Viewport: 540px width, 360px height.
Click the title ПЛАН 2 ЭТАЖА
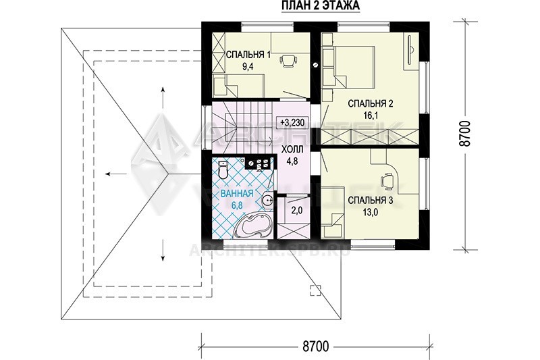(321, 6)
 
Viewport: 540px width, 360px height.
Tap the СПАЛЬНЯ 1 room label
(248, 55)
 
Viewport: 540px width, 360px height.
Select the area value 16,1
(370, 115)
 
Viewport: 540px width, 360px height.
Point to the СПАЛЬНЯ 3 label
(370, 201)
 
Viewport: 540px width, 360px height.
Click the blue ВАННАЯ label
(237, 194)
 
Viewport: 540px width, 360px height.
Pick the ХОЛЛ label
(292, 149)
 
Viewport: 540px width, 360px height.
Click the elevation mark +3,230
(292, 122)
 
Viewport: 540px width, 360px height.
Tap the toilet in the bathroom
(223, 170)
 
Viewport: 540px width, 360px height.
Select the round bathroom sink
(267, 200)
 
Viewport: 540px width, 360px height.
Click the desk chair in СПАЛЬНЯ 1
(288, 61)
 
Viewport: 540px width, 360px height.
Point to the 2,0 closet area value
(297, 211)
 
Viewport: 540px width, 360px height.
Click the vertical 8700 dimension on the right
(465, 134)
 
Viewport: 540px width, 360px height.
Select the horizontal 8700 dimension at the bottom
(315, 346)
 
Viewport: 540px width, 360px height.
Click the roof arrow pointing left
(116, 174)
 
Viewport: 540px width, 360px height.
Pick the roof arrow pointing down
(163, 251)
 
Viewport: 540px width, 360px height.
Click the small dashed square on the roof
(315, 290)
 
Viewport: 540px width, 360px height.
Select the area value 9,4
(248, 67)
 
